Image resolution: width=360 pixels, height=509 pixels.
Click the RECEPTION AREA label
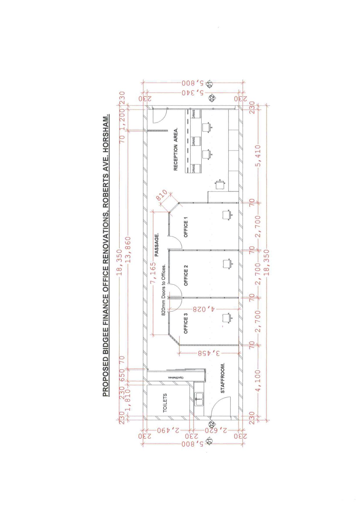click(x=175, y=149)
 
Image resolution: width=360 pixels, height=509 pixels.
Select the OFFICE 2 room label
click(x=186, y=275)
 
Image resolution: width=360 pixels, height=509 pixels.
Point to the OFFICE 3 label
click(x=186, y=323)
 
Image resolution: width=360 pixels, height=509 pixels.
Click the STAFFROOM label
click(x=223, y=378)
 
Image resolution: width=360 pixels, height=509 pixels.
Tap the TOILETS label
click(x=165, y=403)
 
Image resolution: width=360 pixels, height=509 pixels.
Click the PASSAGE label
click(x=157, y=245)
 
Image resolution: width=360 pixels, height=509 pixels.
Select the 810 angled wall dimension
click(x=162, y=195)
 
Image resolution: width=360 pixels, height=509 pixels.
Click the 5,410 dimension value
click(x=258, y=156)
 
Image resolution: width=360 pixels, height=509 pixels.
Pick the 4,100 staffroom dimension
click(x=258, y=380)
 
